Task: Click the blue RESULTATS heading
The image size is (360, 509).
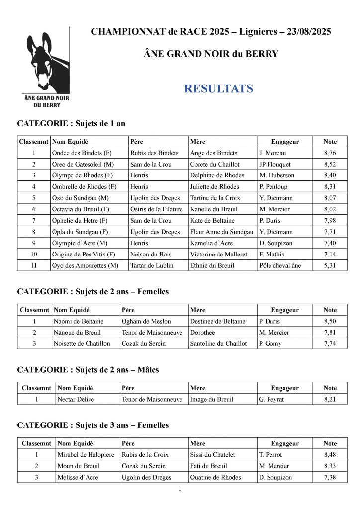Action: [218, 89]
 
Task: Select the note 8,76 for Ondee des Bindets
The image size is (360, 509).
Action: [330, 153]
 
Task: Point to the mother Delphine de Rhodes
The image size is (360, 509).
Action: [217, 175]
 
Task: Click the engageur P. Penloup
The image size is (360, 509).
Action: [273, 187]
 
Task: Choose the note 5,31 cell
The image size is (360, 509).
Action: [330, 265]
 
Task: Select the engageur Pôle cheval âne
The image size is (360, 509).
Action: [280, 265]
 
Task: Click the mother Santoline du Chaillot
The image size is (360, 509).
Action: [218, 343]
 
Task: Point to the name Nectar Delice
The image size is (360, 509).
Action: [76, 399]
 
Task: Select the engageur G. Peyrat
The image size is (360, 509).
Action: [272, 399]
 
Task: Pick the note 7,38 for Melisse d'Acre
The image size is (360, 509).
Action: [330, 477]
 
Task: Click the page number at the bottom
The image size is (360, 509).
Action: [180, 489]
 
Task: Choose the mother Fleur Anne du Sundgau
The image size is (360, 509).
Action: [221, 232]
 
